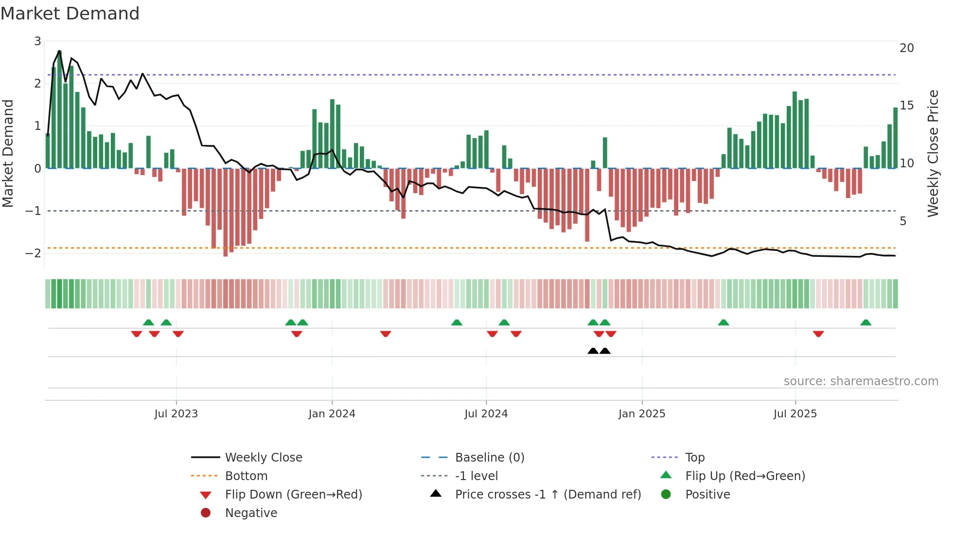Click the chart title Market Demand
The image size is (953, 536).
coord(70,14)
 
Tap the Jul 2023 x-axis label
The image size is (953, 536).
coord(176,414)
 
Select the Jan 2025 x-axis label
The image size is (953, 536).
coord(642,414)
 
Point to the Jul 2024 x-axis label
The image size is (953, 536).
coord(486,414)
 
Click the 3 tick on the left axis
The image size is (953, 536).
coord(37,41)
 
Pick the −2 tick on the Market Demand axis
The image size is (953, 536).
coord(34,253)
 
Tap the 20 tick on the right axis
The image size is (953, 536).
coord(906,48)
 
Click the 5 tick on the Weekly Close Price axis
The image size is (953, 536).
coord(903,221)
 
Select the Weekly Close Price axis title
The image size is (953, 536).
coord(933,153)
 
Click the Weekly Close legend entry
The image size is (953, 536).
coord(263,458)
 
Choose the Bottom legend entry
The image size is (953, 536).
coord(246,476)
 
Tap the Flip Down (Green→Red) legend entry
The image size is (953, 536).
coord(293,495)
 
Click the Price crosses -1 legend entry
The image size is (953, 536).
coord(547,495)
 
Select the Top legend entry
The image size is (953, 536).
coord(694,458)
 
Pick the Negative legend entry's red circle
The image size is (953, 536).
coord(206,513)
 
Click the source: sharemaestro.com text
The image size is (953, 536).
coord(861,381)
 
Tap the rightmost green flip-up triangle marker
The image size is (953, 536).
coord(865,322)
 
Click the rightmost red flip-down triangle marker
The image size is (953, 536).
coord(818,334)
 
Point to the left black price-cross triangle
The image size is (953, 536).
coord(593,351)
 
